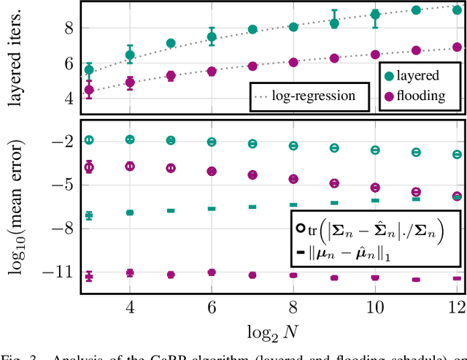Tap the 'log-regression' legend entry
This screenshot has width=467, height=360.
(313, 96)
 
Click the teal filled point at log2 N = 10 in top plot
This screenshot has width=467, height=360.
(375, 15)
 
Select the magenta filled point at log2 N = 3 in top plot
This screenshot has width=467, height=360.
(89, 91)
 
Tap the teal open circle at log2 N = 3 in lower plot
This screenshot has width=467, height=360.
(89, 139)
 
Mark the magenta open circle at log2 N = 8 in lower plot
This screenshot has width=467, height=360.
(293, 178)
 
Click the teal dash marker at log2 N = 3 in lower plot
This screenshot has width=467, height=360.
(89, 215)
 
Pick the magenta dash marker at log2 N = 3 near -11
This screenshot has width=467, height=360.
(89, 276)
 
